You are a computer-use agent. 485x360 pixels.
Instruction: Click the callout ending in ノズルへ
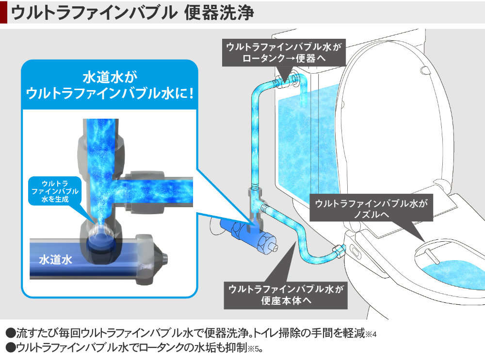(x=372, y=209)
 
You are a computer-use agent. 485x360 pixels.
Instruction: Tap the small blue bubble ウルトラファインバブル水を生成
(x=54, y=191)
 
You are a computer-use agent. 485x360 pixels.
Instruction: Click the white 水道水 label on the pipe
(x=55, y=259)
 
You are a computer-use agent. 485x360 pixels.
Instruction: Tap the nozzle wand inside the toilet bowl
(x=430, y=254)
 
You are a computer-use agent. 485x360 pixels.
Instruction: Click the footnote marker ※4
(x=371, y=335)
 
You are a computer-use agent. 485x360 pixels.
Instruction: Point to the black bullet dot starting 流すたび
(x=10, y=334)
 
